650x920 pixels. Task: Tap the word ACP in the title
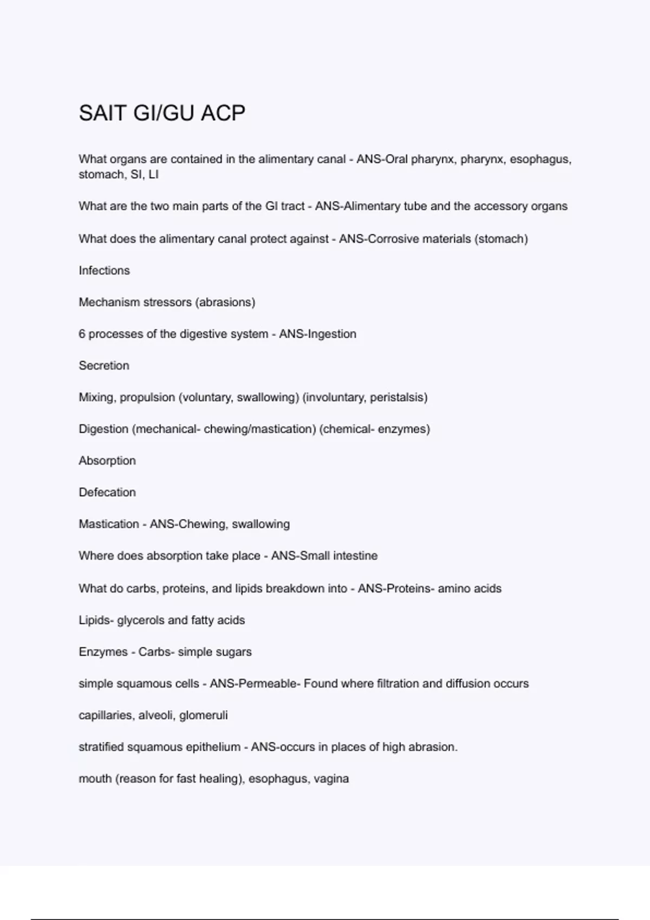coord(223,113)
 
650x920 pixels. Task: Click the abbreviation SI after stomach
coord(136,174)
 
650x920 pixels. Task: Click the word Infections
coord(104,271)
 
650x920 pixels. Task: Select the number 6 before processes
coord(82,334)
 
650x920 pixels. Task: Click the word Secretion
coord(104,366)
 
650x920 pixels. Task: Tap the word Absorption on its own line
coord(107,461)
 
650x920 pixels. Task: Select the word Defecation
coord(107,492)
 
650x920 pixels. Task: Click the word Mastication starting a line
coord(109,524)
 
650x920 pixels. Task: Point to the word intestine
coord(355,556)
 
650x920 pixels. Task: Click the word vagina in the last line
coord(331,779)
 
